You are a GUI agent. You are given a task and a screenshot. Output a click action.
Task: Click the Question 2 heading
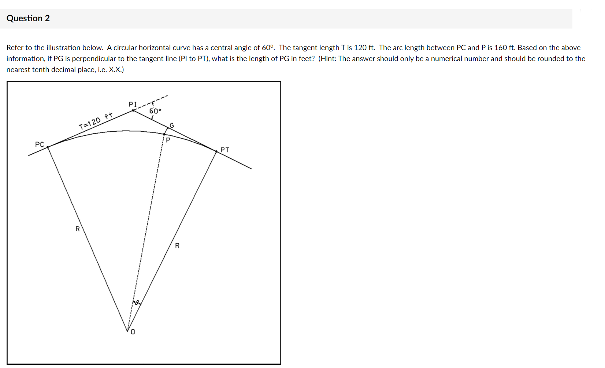[x=28, y=18]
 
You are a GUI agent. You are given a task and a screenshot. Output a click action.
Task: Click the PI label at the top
[x=133, y=105]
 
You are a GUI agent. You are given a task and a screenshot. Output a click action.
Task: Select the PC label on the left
[x=40, y=144]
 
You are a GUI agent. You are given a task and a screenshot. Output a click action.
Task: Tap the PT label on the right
[x=225, y=150]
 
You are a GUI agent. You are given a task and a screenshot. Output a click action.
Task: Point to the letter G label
[x=172, y=126]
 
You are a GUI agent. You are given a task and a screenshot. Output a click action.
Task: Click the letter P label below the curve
[x=168, y=140]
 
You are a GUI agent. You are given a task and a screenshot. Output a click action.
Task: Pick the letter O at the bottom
[x=133, y=332]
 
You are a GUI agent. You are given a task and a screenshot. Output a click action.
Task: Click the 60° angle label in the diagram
[x=155, y=111]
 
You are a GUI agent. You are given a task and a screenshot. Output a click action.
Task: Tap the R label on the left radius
[x=78, y=229]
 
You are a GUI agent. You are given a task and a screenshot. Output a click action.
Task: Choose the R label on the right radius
[x=177, y=246]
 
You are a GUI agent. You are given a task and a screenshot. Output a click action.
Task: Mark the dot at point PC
[x=48, y=147]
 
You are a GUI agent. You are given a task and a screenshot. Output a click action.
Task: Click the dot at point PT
[x=216, y=151]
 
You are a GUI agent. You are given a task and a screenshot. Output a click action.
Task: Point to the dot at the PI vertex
[x=133, y=110]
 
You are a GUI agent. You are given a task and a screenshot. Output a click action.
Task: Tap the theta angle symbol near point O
[x=137, y=303]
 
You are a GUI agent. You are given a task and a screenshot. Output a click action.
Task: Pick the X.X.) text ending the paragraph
[x=116, y=70]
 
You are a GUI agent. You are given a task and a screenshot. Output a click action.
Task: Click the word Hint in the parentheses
[x=328, y=59]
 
